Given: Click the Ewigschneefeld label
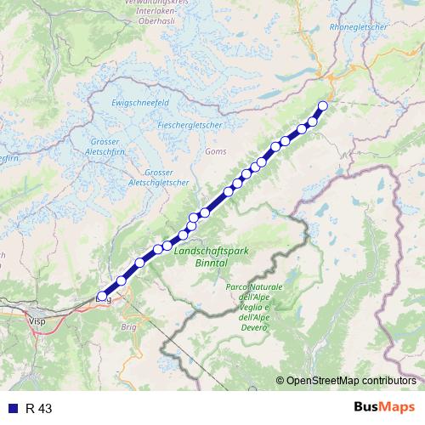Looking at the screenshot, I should [x=137, y=101].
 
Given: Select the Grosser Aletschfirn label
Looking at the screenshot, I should [x=108, y=147].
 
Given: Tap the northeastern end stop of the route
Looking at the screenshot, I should [x=322, y=106].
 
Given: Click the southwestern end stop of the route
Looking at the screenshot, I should [x=103, y=297].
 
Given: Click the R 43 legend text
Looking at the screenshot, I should [x=39, y=408].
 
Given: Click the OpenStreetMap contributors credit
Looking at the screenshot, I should [x=350, y=380].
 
